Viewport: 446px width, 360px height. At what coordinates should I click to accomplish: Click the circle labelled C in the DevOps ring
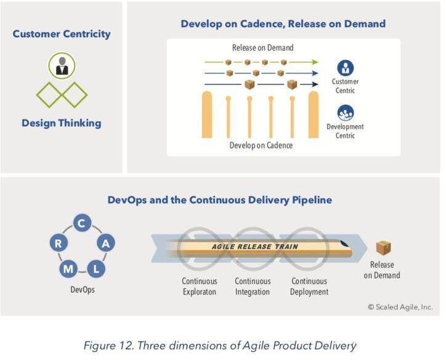pos(82,223)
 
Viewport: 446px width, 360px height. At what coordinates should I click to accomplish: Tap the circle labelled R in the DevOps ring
pos(59,243)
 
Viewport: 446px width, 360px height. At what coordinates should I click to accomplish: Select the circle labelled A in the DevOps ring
pos(106,243)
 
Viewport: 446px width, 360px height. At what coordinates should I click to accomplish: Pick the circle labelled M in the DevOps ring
pos(68,269)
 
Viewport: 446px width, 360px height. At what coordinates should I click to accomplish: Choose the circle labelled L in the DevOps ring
pos(96,269)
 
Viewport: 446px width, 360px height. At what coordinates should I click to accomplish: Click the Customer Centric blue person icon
pos(346,68)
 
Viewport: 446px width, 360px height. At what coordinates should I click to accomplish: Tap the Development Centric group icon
pos(346,113)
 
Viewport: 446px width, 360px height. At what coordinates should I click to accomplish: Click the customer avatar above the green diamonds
pos(62,66)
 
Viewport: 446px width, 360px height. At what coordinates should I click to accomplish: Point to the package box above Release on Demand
pos(383,248)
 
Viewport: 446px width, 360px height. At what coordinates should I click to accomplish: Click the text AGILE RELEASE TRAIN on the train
pos(255,247)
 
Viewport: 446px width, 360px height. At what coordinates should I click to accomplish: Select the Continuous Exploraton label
pos(200,286)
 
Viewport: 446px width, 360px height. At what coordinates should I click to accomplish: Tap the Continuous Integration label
pos(253,286)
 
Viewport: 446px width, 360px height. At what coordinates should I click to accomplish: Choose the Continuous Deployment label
pos(309,286)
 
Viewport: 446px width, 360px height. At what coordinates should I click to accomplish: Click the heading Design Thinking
pos(62,123)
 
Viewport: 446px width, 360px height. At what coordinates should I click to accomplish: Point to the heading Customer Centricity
pos(62,34)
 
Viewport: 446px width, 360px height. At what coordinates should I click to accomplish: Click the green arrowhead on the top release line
pos(315,62)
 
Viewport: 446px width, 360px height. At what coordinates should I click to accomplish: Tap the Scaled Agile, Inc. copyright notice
pos(400,307)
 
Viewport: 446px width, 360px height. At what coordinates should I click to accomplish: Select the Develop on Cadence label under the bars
pos(261,145)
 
